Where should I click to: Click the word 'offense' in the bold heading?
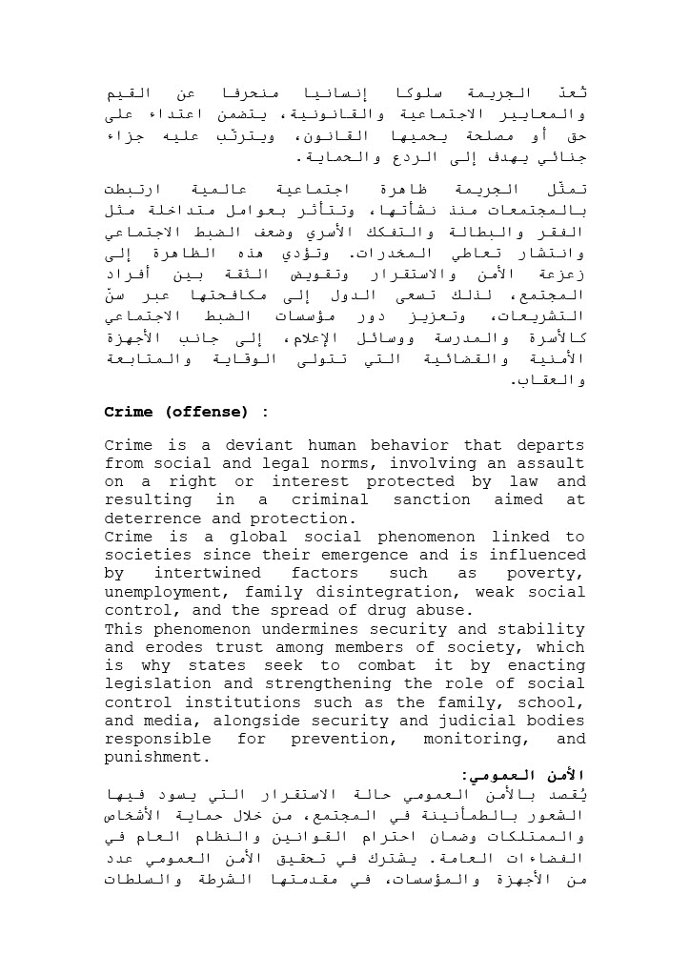[207, 412]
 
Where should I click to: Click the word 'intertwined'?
[208, 574]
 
